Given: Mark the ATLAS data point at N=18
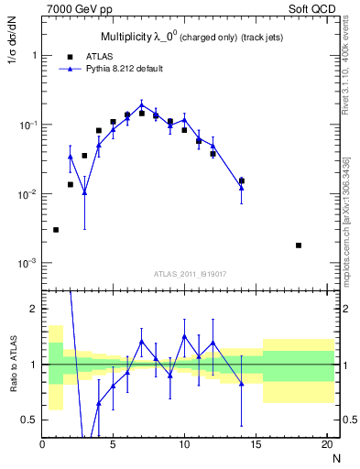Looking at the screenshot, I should (299, 245).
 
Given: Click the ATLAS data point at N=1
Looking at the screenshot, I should (56, 230).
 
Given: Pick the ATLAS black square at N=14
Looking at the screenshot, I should (242, 180).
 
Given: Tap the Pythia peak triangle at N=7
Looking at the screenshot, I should (141, 104).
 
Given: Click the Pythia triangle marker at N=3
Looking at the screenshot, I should (84, 192).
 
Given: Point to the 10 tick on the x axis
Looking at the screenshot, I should (184, 443).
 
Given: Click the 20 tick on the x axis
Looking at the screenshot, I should (326, 443).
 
